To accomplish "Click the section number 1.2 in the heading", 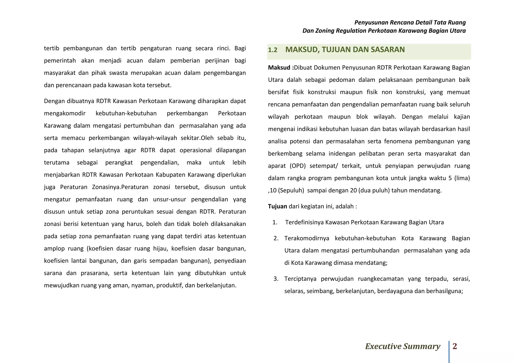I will pyautogui.click(x=273, y=50).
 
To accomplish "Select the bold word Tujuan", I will pyautogui.click(x=277, y=206).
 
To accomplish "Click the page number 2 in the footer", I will pyautogui.click(x=455, y=346).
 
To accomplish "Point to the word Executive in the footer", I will pyautogui.click(x=383, y=346).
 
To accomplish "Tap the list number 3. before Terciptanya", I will pyautogui.click(x=276, y=279).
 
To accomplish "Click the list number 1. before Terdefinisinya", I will pyautogui.click(x=275, y=222).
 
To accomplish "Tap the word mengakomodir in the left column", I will pyautogui.click(x=65, y=113).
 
